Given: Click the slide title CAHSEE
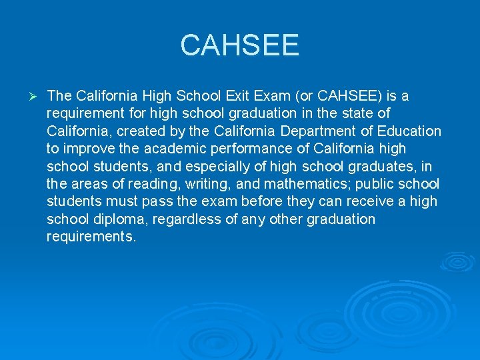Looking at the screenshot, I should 240,46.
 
